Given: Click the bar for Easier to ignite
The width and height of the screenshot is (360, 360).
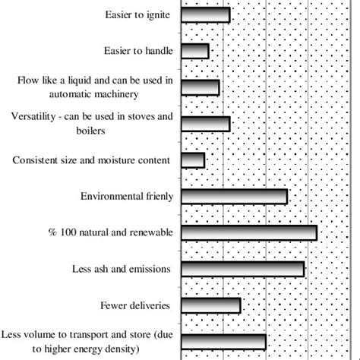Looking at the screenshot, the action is coord(205,15).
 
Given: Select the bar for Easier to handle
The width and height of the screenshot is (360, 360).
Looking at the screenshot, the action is coord(194,51).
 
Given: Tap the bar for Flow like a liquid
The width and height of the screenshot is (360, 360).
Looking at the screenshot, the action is coord(200,87).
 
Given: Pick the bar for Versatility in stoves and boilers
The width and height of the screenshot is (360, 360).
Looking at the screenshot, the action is coord(205,124).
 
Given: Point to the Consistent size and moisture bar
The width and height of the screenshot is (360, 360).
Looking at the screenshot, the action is coord(193,160).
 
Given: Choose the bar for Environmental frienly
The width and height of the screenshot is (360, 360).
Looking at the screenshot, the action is coord(234,197).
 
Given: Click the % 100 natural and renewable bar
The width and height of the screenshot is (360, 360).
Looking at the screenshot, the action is coord(248,232).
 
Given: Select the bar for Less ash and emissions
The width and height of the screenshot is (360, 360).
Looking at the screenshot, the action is coord(242,269).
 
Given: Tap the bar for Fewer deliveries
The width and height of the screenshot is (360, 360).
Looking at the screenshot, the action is coord(210,305).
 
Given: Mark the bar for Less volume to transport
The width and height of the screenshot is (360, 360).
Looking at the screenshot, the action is coord(223,341).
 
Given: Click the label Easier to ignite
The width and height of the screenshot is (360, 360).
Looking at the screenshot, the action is coord(137,15).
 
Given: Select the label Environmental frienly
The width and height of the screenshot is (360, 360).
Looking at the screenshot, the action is coord(127,197).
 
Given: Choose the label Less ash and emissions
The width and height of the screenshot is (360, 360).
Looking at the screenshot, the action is coord(125,269).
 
